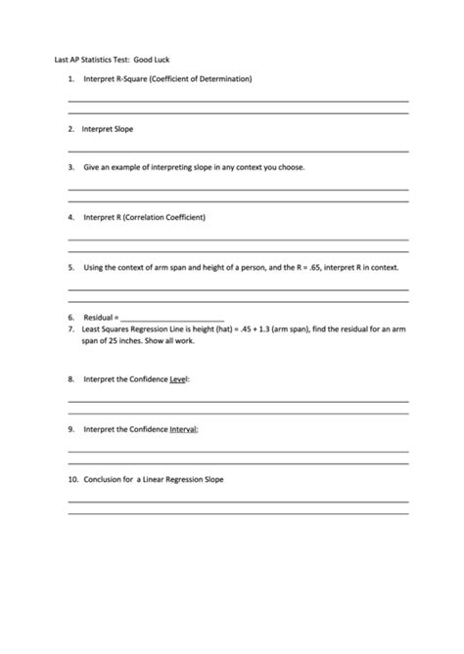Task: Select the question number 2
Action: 71,128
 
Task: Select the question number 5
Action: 71,267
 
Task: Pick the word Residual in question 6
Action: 99,318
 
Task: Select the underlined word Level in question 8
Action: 179,378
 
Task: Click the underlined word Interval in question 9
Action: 184,429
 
